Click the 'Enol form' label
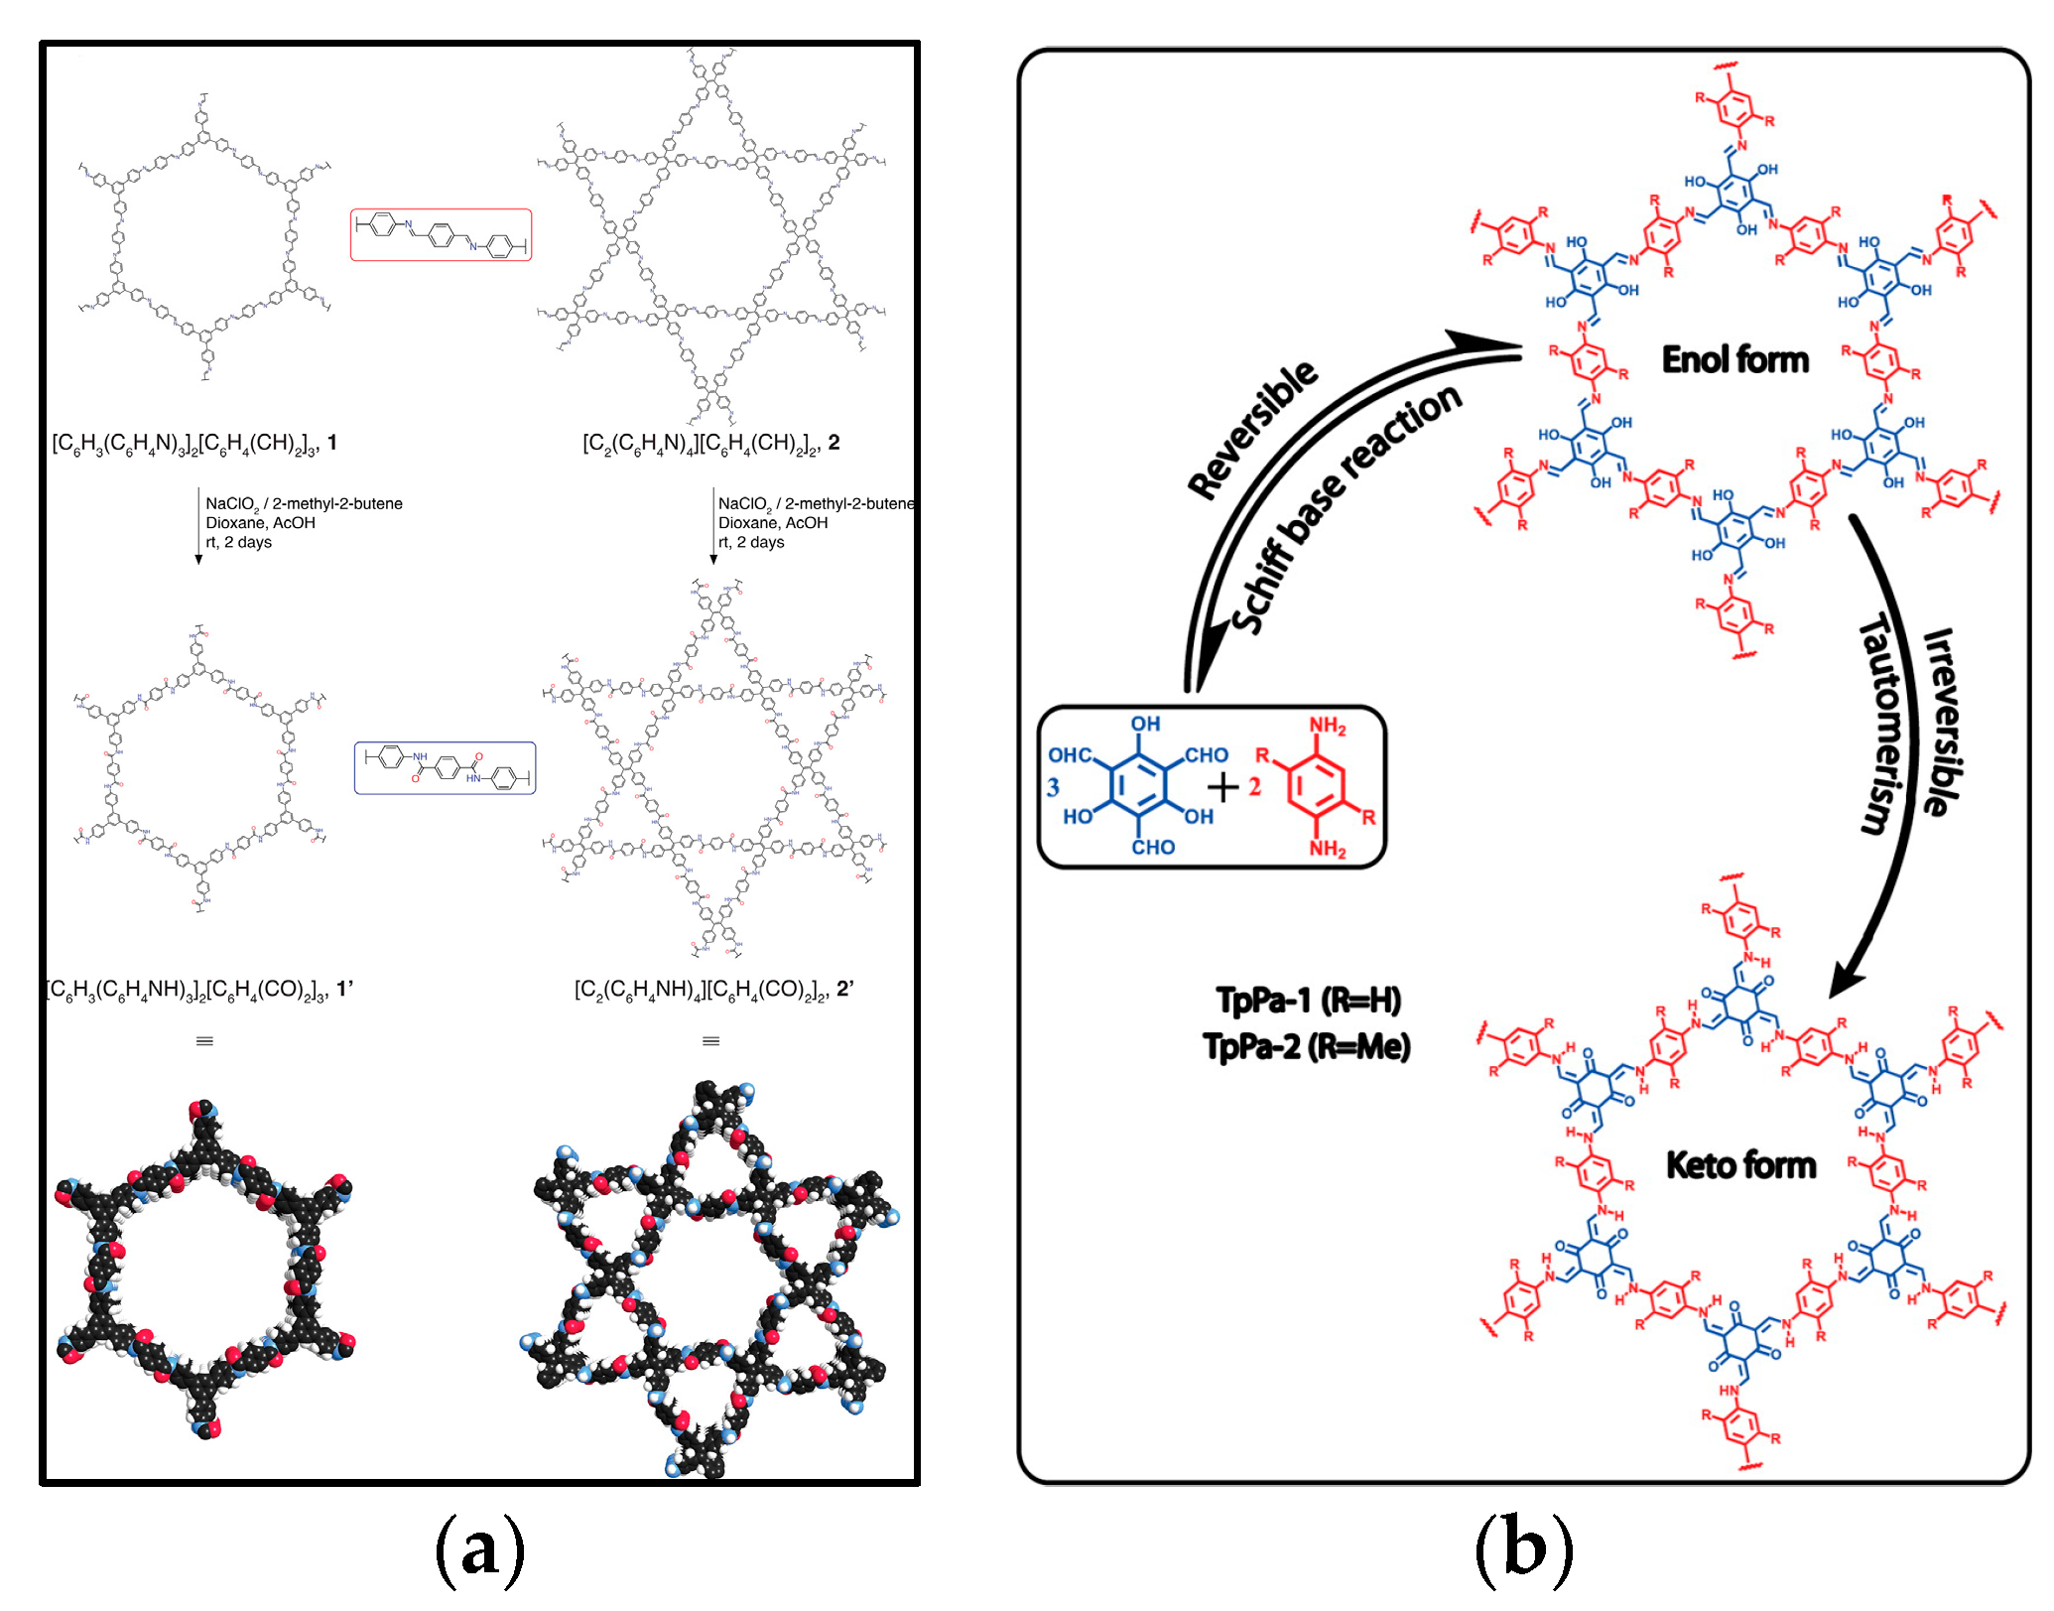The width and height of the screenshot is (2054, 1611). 1734,359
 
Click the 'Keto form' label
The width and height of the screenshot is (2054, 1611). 1740,1164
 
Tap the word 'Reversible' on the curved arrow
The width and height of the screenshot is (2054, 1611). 1252,429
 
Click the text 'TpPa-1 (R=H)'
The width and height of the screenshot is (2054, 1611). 1308,1000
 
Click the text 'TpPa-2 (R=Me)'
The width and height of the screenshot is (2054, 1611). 1306,1046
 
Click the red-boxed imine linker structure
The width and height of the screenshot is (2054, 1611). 441,235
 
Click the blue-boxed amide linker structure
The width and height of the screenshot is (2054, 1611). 445,768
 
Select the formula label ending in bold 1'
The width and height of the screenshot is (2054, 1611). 199,989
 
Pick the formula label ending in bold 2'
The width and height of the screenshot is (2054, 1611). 713,989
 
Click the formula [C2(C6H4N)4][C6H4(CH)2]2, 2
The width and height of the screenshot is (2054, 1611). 710,443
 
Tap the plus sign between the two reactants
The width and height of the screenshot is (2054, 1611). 1223,787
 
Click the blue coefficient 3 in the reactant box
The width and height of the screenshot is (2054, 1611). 1053,788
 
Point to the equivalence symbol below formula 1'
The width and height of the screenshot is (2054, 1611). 204,1041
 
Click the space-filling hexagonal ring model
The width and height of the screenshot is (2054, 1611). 205,1269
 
